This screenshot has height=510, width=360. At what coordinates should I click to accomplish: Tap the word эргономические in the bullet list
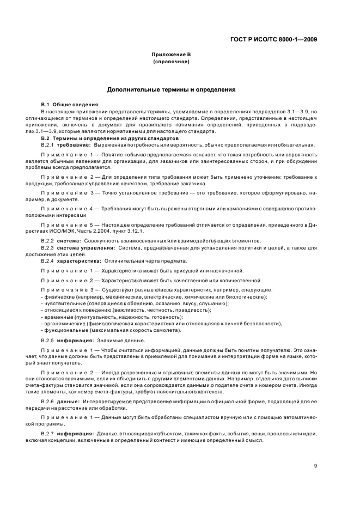(x=65, y=324)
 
